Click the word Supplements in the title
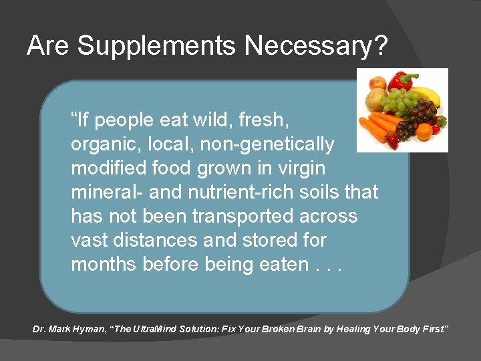tap(156, 46)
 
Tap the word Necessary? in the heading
tap(316, 46)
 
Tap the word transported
tap(237, 217)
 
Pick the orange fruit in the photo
tap(424, 131)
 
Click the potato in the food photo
tap(373, 100)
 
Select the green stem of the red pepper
tap(411, 76)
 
